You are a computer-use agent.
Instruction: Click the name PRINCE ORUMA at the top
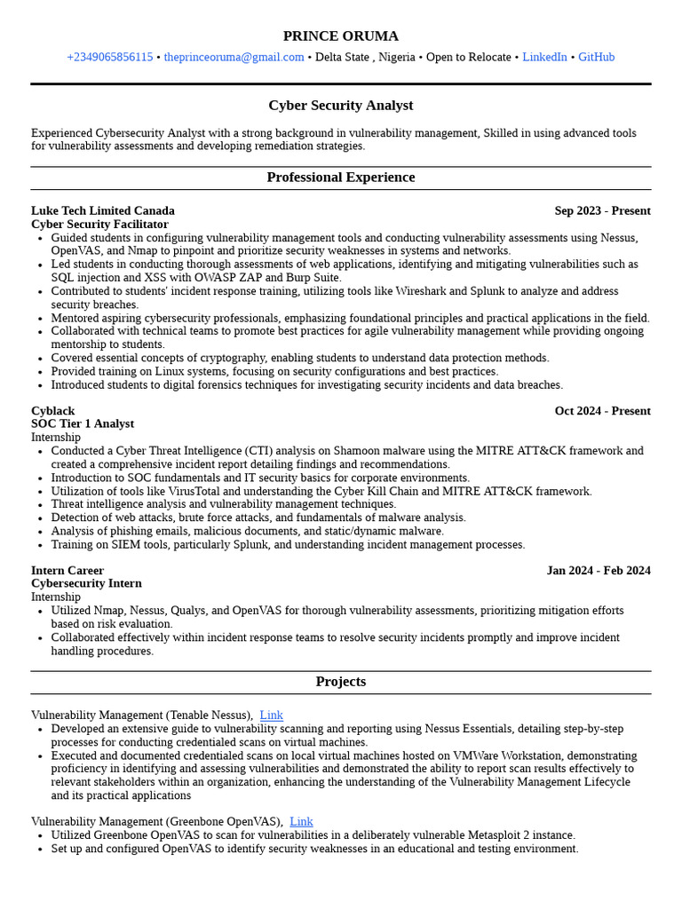pos(340,36)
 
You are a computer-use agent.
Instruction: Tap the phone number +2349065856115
pos(109,58)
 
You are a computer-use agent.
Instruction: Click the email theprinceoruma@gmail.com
pos(234,58)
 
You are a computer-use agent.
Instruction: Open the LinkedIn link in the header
pos(544,58)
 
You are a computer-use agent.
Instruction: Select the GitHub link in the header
pos(596,58)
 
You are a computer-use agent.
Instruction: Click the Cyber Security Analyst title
pos(340,106)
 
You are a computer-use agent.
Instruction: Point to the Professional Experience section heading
pos(340,178)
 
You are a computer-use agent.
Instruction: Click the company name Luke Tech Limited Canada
pos(102,211)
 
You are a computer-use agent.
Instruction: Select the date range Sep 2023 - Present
pos(602,211)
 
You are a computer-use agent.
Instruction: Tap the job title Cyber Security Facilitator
pos(99,225)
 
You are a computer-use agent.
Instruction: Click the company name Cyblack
pos(52,411)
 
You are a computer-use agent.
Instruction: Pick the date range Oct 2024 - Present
pos(602,411)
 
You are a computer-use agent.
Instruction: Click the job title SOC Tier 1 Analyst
pos(83,424)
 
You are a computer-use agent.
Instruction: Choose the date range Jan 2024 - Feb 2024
pos(599,571)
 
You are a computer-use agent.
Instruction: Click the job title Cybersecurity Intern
pos(86,584)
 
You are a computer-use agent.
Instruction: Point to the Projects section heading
pos(340,682)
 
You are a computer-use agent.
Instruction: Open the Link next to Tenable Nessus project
pos(271,715)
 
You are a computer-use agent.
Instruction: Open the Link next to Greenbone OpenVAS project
pos(301,822)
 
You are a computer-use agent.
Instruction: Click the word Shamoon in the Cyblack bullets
pos(360,451)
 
